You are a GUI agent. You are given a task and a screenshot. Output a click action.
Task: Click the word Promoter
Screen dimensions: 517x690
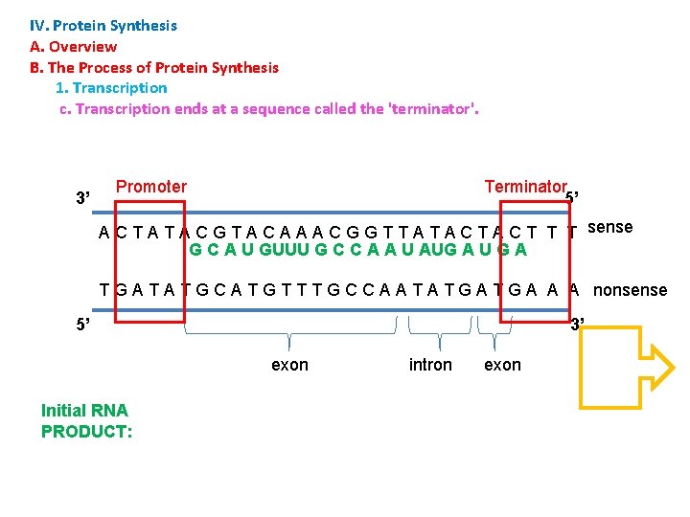[x=151, y=187]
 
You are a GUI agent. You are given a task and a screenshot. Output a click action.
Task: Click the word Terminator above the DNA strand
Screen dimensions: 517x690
[x=525, y=187]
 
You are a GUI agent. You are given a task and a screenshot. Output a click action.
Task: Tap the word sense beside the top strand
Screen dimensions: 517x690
[x=609, y=227]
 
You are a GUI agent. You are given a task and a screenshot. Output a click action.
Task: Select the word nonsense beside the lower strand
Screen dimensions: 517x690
[x=631, y=289]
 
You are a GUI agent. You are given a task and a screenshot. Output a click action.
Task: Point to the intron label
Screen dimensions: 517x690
[x=430, y=365]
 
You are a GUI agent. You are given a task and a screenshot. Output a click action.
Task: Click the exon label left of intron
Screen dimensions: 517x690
[x=289, y=365]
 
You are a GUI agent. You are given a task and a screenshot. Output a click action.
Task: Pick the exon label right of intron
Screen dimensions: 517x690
[x=502, y=365]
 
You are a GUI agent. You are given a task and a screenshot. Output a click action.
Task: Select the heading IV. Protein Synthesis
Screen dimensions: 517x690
[x=103, y=26]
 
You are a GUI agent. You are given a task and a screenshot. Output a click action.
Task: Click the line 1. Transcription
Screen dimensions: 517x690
[x=111, y=88]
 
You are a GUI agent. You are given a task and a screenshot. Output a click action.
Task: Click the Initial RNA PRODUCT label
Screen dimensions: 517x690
[x=86, y=421]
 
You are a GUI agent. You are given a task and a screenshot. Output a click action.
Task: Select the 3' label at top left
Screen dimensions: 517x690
[x=83, y=198]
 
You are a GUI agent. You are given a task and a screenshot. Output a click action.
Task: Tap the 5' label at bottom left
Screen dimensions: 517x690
[x=83, y=324]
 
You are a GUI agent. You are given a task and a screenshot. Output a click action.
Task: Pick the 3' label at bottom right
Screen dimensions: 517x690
[x=578, y=324]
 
